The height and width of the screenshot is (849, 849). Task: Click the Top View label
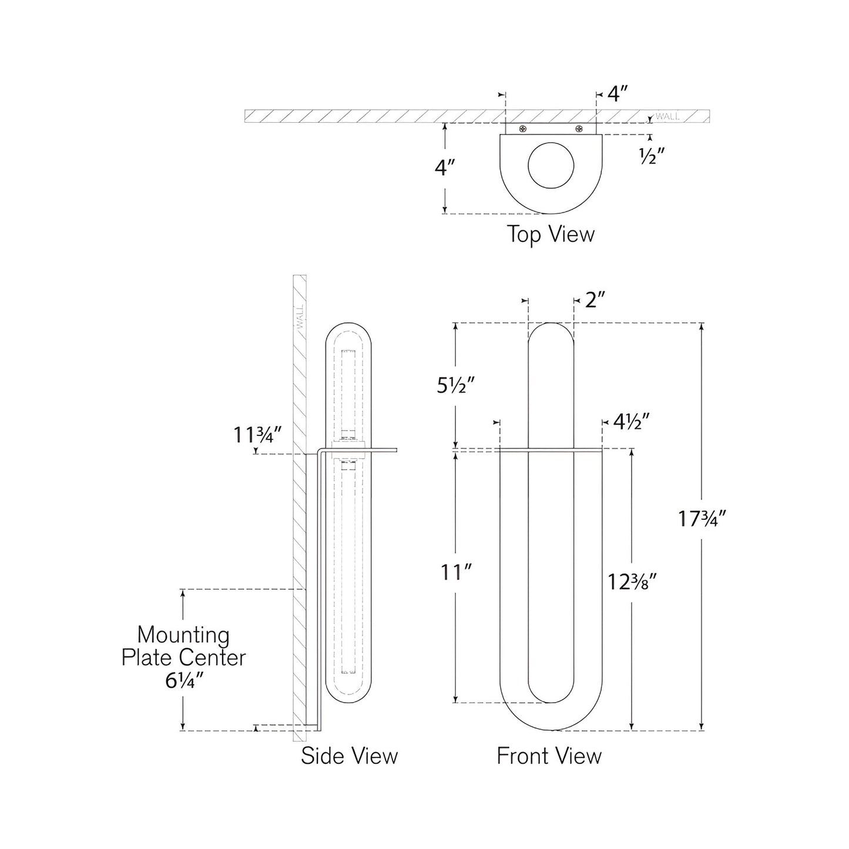pyautogui.click(x=551, y=234)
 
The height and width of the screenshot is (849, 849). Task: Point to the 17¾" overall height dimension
pyautogui.click(x=703, y=519)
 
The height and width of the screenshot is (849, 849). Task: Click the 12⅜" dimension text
pyautogui.click(x=632, y=582)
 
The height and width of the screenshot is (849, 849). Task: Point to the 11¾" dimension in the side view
pyautogui.click(x=259, y=435)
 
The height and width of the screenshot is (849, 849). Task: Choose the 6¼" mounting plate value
pyautogui.click(x=183, y=682)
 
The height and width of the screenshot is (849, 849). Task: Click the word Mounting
pyautogui.click(x=183, y=635)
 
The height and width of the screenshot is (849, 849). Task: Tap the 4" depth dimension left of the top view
pyautogui.click(x=445, y=168)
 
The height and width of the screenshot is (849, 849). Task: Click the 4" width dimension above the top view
pyautogui.click(x=618, y=94)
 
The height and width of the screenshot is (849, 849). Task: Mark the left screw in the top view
pyautogui.click(x=522, y=129)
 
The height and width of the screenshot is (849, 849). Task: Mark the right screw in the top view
pyautogui.click(x=579, y=129)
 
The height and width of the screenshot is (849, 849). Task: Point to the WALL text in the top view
pyautogui.click(x=668, y=116)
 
